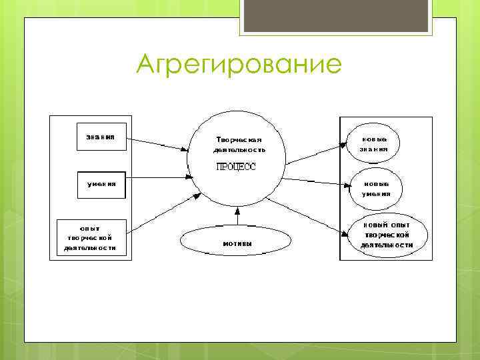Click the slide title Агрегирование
(x=239, y=66)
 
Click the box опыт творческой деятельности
(x=91, y=237)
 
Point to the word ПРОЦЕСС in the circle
(x=235, y=167)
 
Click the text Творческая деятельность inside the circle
(x=239, y=145)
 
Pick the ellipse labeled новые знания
(x=374, y=144)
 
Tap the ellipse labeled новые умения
(x=376, y=189)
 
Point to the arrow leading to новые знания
(x=317, y=152)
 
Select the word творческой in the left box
(x=89, y=237)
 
